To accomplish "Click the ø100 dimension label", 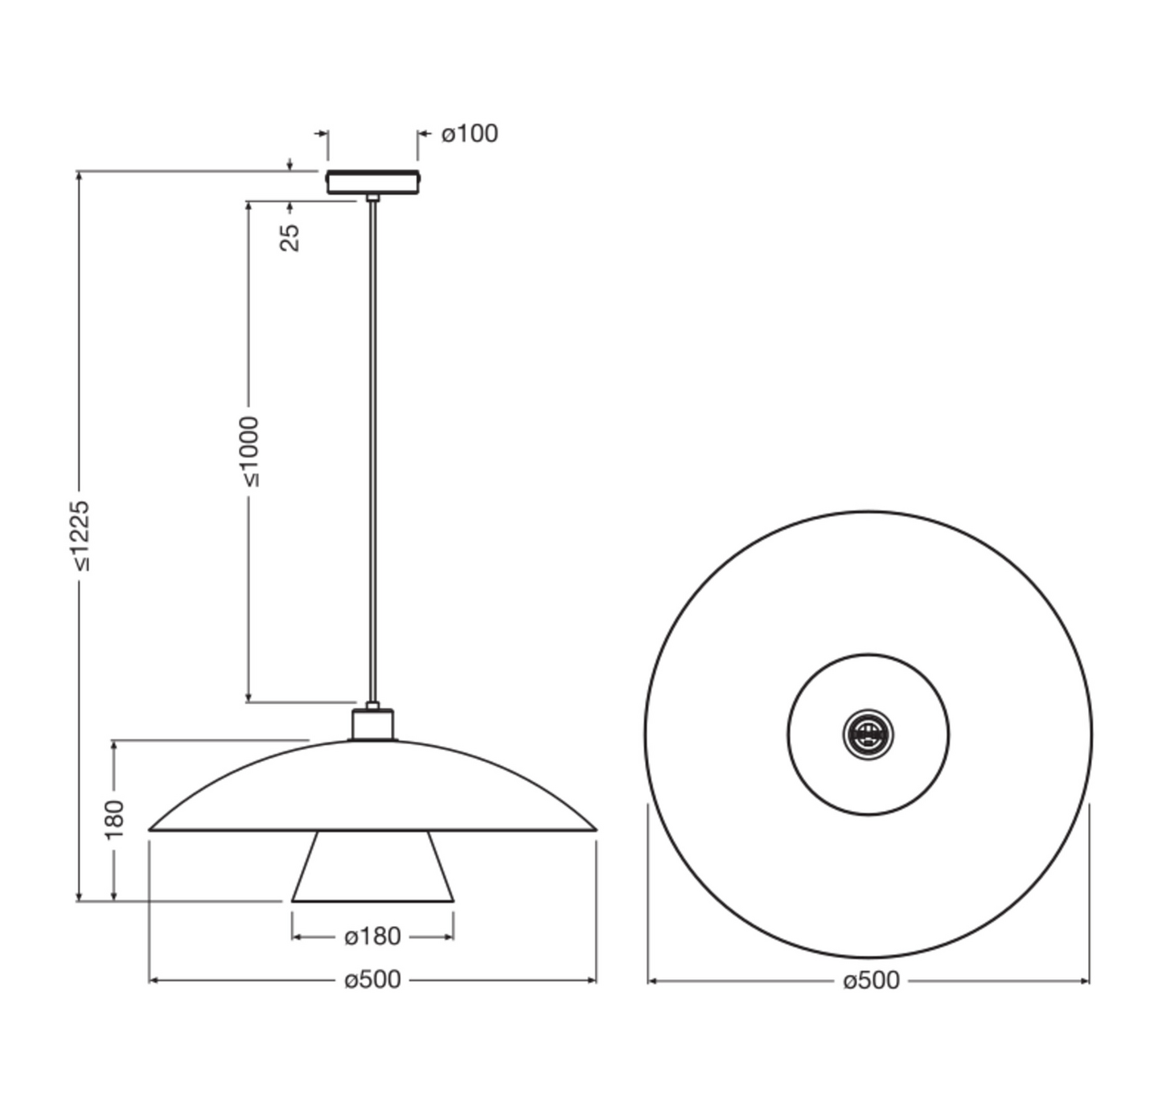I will (469, 133).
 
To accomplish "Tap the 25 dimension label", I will (289, 237).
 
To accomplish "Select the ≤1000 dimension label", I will (250, 451).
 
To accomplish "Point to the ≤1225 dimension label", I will (80, 535).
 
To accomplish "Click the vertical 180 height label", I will (115, 819).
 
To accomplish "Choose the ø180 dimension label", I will (372, 936).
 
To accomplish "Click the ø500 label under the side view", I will (372, 980).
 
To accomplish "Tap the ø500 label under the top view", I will (871, 981).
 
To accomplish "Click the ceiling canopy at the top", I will (372, 182).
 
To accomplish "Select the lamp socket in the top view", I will (868, 734).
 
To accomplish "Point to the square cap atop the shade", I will (373, 725).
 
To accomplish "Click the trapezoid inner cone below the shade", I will (372, 866).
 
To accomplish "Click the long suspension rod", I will (372, 450).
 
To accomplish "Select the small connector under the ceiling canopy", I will (372, 198).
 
